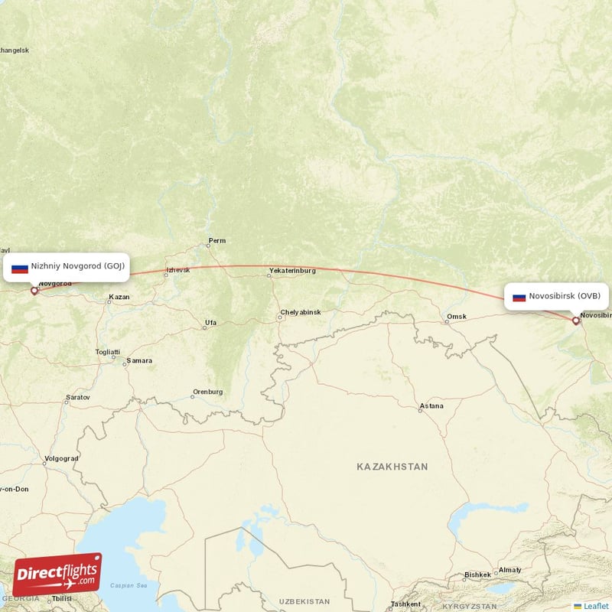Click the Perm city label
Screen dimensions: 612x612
coord(216,241)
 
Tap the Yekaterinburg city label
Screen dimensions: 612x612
coord(292,271)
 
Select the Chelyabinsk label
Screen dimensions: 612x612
coord(301,312)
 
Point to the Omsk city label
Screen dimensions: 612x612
coord(457,317)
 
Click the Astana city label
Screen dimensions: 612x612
coord(431,406)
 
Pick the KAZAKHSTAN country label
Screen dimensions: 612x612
coord(392,467)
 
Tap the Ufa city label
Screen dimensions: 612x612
coord(210,324)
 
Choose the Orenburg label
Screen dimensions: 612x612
coord(207,392)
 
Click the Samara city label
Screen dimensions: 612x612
coord(139,360)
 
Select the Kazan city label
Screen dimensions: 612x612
coord(119,296)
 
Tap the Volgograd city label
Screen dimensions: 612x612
coord(61,459)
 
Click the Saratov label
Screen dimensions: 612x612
coord(78,398)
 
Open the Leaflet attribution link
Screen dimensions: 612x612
coord(596,606)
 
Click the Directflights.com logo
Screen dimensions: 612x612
coord(57,574)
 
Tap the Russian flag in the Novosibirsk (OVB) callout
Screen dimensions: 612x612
coord(519,296)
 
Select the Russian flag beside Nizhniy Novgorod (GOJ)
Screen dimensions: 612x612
coord(20,268)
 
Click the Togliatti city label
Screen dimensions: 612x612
coord(107,352)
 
